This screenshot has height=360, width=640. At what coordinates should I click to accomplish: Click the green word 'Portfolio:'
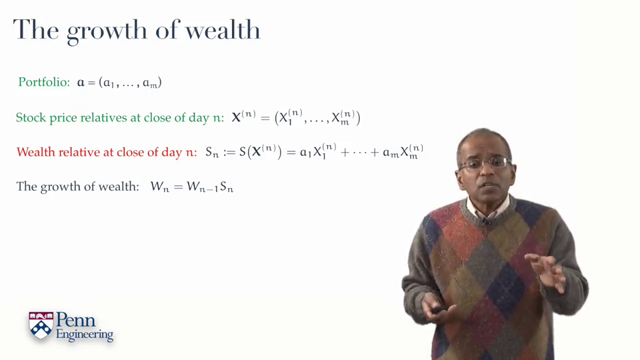[44, 82]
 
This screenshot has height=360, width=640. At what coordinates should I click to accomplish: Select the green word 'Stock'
[31, 117]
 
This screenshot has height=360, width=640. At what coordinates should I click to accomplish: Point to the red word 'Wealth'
[36, 152]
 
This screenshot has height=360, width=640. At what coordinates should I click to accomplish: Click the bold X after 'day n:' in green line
[236, 118]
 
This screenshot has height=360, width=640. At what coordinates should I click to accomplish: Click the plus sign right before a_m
[375, 153]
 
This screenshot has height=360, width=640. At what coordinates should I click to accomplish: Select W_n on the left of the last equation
[159, 187]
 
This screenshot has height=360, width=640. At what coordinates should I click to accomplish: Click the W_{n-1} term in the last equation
[203, 187]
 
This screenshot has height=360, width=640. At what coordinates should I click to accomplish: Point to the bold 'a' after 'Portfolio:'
[81, 83]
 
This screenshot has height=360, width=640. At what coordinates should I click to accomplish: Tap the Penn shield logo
[41, 325]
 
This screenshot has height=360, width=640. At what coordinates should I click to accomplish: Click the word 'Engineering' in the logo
[85, 334]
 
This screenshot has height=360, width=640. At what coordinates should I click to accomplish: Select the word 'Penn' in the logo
[75, 319]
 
